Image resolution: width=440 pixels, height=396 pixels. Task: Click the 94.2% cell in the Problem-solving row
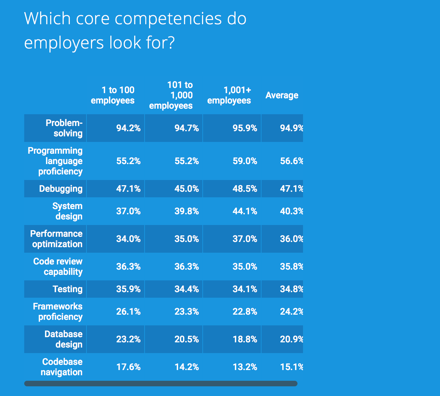[128, 128]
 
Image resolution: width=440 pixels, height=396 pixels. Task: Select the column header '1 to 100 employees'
[113, 95]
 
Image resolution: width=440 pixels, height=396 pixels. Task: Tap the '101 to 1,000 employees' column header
[171, 95]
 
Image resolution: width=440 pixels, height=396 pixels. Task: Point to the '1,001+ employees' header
[229, 95]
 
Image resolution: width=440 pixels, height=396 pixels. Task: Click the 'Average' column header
[282, 95]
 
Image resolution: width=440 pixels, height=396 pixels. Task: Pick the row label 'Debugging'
[61, 189]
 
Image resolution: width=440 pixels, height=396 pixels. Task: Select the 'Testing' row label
[67, 289]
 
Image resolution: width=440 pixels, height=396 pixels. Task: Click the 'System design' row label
[67, 211]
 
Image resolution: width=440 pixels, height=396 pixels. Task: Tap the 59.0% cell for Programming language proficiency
[245, 161]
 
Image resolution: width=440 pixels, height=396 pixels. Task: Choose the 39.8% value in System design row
[186, 211]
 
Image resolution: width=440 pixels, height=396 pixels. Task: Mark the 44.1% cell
[245, 211]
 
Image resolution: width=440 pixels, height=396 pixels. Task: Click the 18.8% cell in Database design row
[245, 339]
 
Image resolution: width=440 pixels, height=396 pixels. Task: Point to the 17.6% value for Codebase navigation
[128, 367]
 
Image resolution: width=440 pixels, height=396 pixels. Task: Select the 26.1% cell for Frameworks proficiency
[128, 312]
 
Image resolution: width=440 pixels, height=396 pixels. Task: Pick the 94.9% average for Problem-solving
[291, 128]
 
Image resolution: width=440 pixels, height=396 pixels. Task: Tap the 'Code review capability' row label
[58, 267]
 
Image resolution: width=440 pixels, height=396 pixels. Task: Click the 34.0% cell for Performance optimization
[128, 239]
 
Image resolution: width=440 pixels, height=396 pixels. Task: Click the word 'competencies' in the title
[168, 19]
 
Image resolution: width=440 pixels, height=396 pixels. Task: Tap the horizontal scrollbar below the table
[161, 384]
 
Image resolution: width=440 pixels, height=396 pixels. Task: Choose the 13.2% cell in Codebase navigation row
[245, 367]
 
